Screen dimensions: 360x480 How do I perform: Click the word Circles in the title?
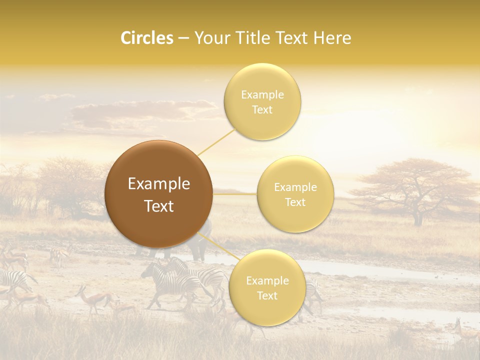click(x=146, y=38)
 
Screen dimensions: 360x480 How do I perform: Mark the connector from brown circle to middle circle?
click(x=235, y=194)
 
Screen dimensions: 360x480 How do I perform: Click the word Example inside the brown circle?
click(x=159, y=184)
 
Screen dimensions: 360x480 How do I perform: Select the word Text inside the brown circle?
click(x=159, y=206)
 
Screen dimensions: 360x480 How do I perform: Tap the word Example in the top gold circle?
click(x=262, y=95)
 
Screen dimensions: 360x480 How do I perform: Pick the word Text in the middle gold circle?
click(x=295, y=202)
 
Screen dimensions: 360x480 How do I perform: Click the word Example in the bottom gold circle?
click(x=267, y=281)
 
